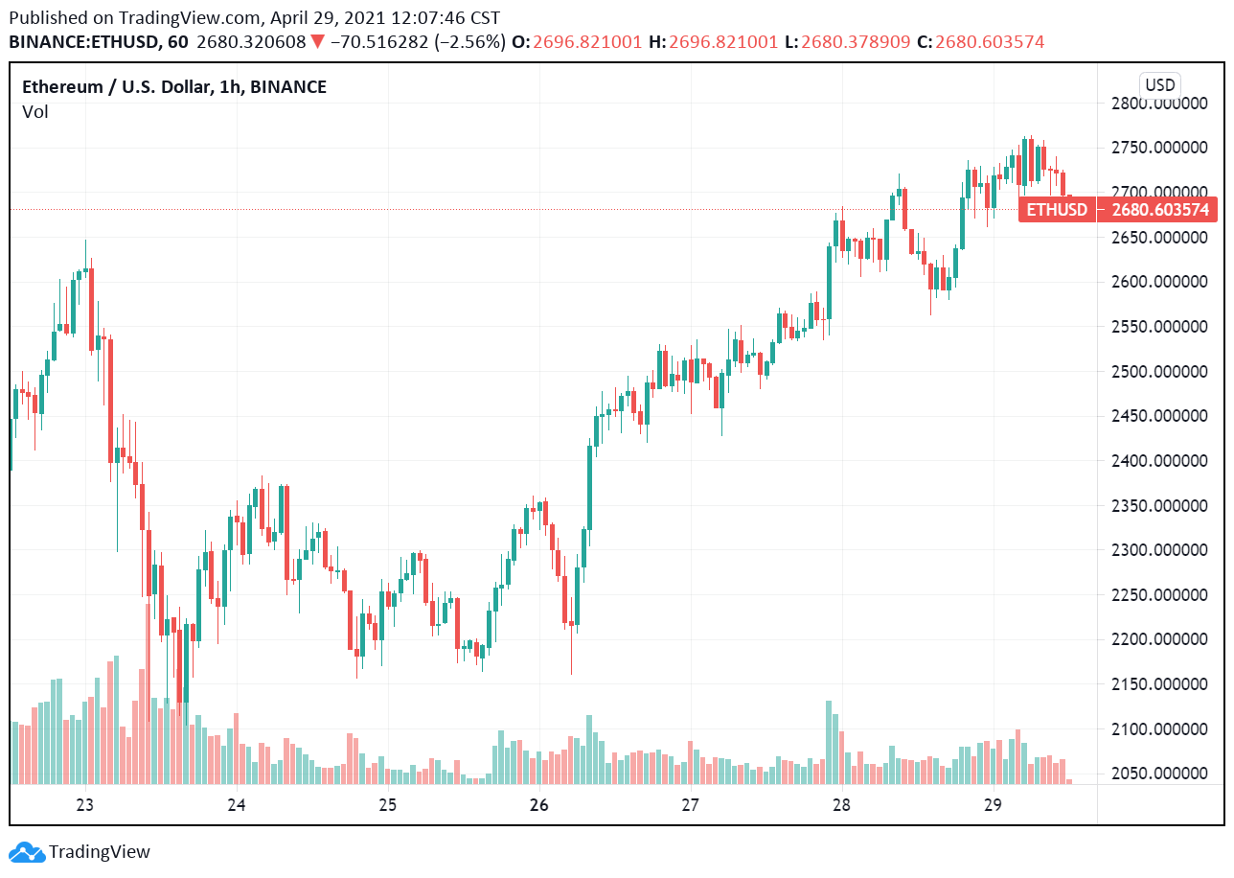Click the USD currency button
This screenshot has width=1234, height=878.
[x=1159, y=84]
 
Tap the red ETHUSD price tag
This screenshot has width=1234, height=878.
[x=1057, y=210]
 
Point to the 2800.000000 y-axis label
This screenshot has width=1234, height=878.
[x=1157, y=104]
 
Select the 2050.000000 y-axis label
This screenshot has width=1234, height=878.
[x=1157, y=773]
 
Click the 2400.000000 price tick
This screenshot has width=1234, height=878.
[x=1157, y=460]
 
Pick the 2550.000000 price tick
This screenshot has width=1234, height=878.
[x=1157, y=327]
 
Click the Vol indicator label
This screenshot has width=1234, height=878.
[x=35, y=112]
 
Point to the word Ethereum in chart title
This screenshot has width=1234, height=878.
[x=62, y=87]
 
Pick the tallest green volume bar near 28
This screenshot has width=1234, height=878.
[x=829, y=743]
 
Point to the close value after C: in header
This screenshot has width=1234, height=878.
[x=990, y=42]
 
